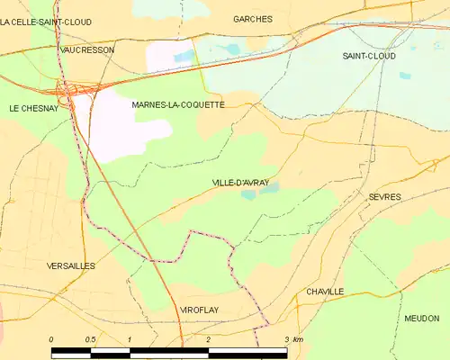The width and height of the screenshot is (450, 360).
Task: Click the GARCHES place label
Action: pos(252,18)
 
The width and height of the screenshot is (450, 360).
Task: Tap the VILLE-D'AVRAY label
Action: pos(240,183)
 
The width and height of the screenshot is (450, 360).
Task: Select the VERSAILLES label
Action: pos(70,266)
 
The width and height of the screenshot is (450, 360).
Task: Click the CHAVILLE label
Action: pos(324,292)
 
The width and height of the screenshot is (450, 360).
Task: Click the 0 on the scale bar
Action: pos(51,339)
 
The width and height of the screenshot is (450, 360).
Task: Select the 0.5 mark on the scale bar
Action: pos(90,339)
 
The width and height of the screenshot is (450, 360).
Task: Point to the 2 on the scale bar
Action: pos(208,339)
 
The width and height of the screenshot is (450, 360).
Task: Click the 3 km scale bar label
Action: pos(292,339)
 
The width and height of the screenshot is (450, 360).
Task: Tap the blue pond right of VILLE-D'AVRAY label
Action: pos(270,187)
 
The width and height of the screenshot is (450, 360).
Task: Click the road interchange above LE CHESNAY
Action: pos(67,89)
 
